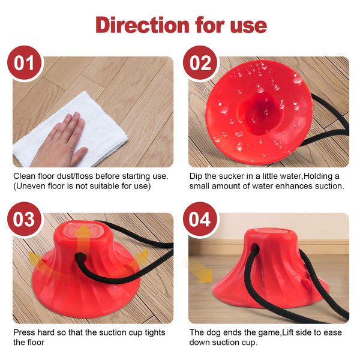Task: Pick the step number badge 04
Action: tap(200, 219)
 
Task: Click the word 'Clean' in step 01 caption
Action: tap(25, 176)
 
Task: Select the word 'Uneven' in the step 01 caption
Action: tap(31, 186)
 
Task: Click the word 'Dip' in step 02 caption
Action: tap(196, 176)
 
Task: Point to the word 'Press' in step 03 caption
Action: tap(25, 332)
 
